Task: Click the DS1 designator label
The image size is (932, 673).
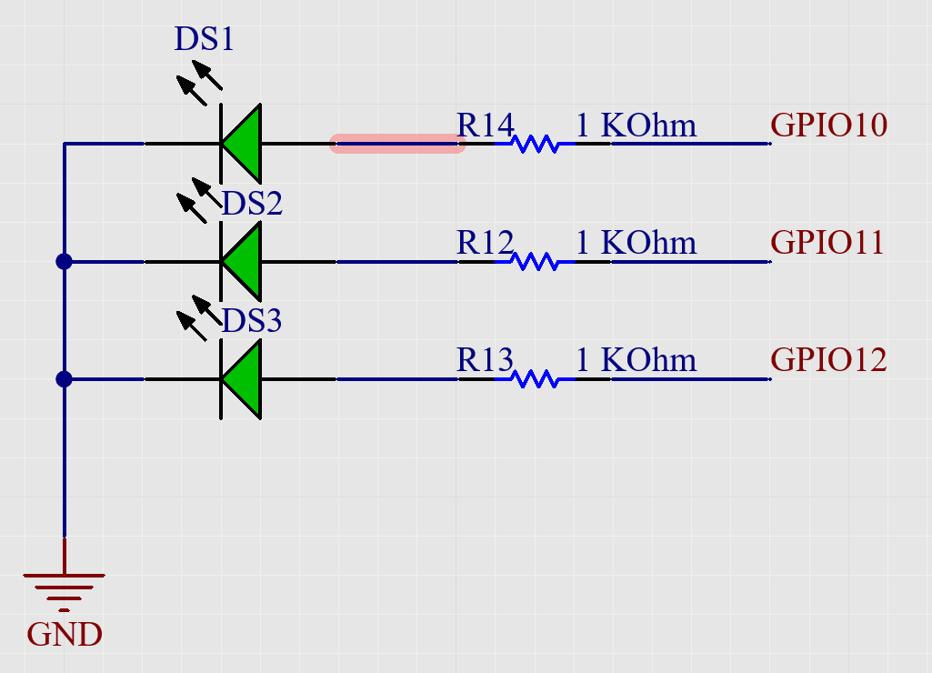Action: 204,40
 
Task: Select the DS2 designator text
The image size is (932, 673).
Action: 252,204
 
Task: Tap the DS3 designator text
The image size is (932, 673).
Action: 252,321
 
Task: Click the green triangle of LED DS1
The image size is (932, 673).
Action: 243,144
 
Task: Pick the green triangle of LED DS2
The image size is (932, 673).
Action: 243,262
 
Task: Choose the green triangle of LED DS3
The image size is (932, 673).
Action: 243,379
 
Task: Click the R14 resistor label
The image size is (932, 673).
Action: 485,125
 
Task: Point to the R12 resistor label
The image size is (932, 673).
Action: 485,243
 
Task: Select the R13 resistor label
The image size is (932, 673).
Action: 485,360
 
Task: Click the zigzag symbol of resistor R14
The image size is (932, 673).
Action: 535,144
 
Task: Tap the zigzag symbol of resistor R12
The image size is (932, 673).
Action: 535,262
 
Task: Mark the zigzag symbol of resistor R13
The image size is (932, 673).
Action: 535,379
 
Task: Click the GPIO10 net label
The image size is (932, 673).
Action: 828,125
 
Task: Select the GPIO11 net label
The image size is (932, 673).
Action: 827,243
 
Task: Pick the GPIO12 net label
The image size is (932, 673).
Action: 828,360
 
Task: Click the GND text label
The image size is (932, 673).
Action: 65,635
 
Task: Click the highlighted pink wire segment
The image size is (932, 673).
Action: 397,144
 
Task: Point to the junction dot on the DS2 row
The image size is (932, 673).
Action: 64,262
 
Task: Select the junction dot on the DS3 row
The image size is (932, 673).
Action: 64,379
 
